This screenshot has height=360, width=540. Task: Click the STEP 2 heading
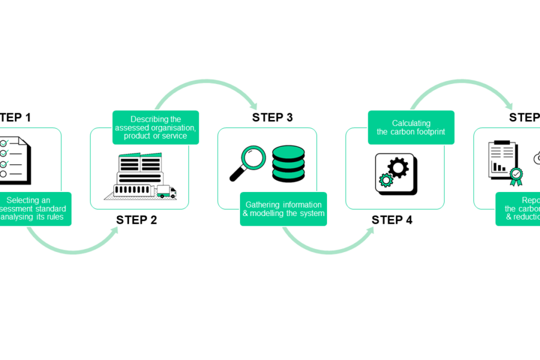(137, 220)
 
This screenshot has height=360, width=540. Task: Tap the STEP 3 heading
(272, 118)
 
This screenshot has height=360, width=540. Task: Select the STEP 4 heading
(392, 220)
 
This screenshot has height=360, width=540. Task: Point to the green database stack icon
(289, 163)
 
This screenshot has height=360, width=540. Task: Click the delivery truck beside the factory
(166, 191)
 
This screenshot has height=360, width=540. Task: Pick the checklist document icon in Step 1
(13, 158)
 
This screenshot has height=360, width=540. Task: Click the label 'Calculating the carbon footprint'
(411, 127)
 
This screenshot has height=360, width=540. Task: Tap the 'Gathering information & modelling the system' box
(283, 209)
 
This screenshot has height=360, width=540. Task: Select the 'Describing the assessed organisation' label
(155, 127)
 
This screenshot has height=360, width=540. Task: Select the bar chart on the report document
(499, 166)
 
